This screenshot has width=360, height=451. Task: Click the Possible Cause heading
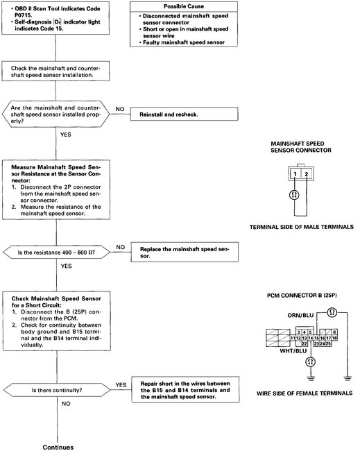coord(184,6)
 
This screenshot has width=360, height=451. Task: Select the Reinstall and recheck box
coord(185,114)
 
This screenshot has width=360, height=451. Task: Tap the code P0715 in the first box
coord(24,15)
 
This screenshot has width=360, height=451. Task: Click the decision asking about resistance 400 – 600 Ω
coord(56,253)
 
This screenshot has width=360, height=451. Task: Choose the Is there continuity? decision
coord(57,391)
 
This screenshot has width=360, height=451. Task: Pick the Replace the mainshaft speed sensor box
coord(185,253)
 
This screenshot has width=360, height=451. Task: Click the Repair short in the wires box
coord(185,390)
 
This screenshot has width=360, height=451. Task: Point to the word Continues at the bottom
coord(58,448)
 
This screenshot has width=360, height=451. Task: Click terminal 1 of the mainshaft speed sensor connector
coord(295,173)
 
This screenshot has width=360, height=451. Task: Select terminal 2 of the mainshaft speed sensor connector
coord(307,173)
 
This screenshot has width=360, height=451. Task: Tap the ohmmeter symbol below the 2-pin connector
coord(294,195)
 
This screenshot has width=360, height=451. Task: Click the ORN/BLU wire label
coord(300,315)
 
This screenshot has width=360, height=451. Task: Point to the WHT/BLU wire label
coord(293,351)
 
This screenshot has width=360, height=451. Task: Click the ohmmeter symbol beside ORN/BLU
coord(332,312)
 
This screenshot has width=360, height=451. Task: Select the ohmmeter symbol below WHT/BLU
coord(310,361)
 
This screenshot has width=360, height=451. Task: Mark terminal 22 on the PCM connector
coord(305,343)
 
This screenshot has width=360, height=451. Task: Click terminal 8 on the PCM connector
coord(334,332)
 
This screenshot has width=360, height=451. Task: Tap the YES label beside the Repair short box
coord(121,385)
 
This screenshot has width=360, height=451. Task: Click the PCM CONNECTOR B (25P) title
coord(302,296)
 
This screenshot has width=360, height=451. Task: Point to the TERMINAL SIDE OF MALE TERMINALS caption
coord(302,227)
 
